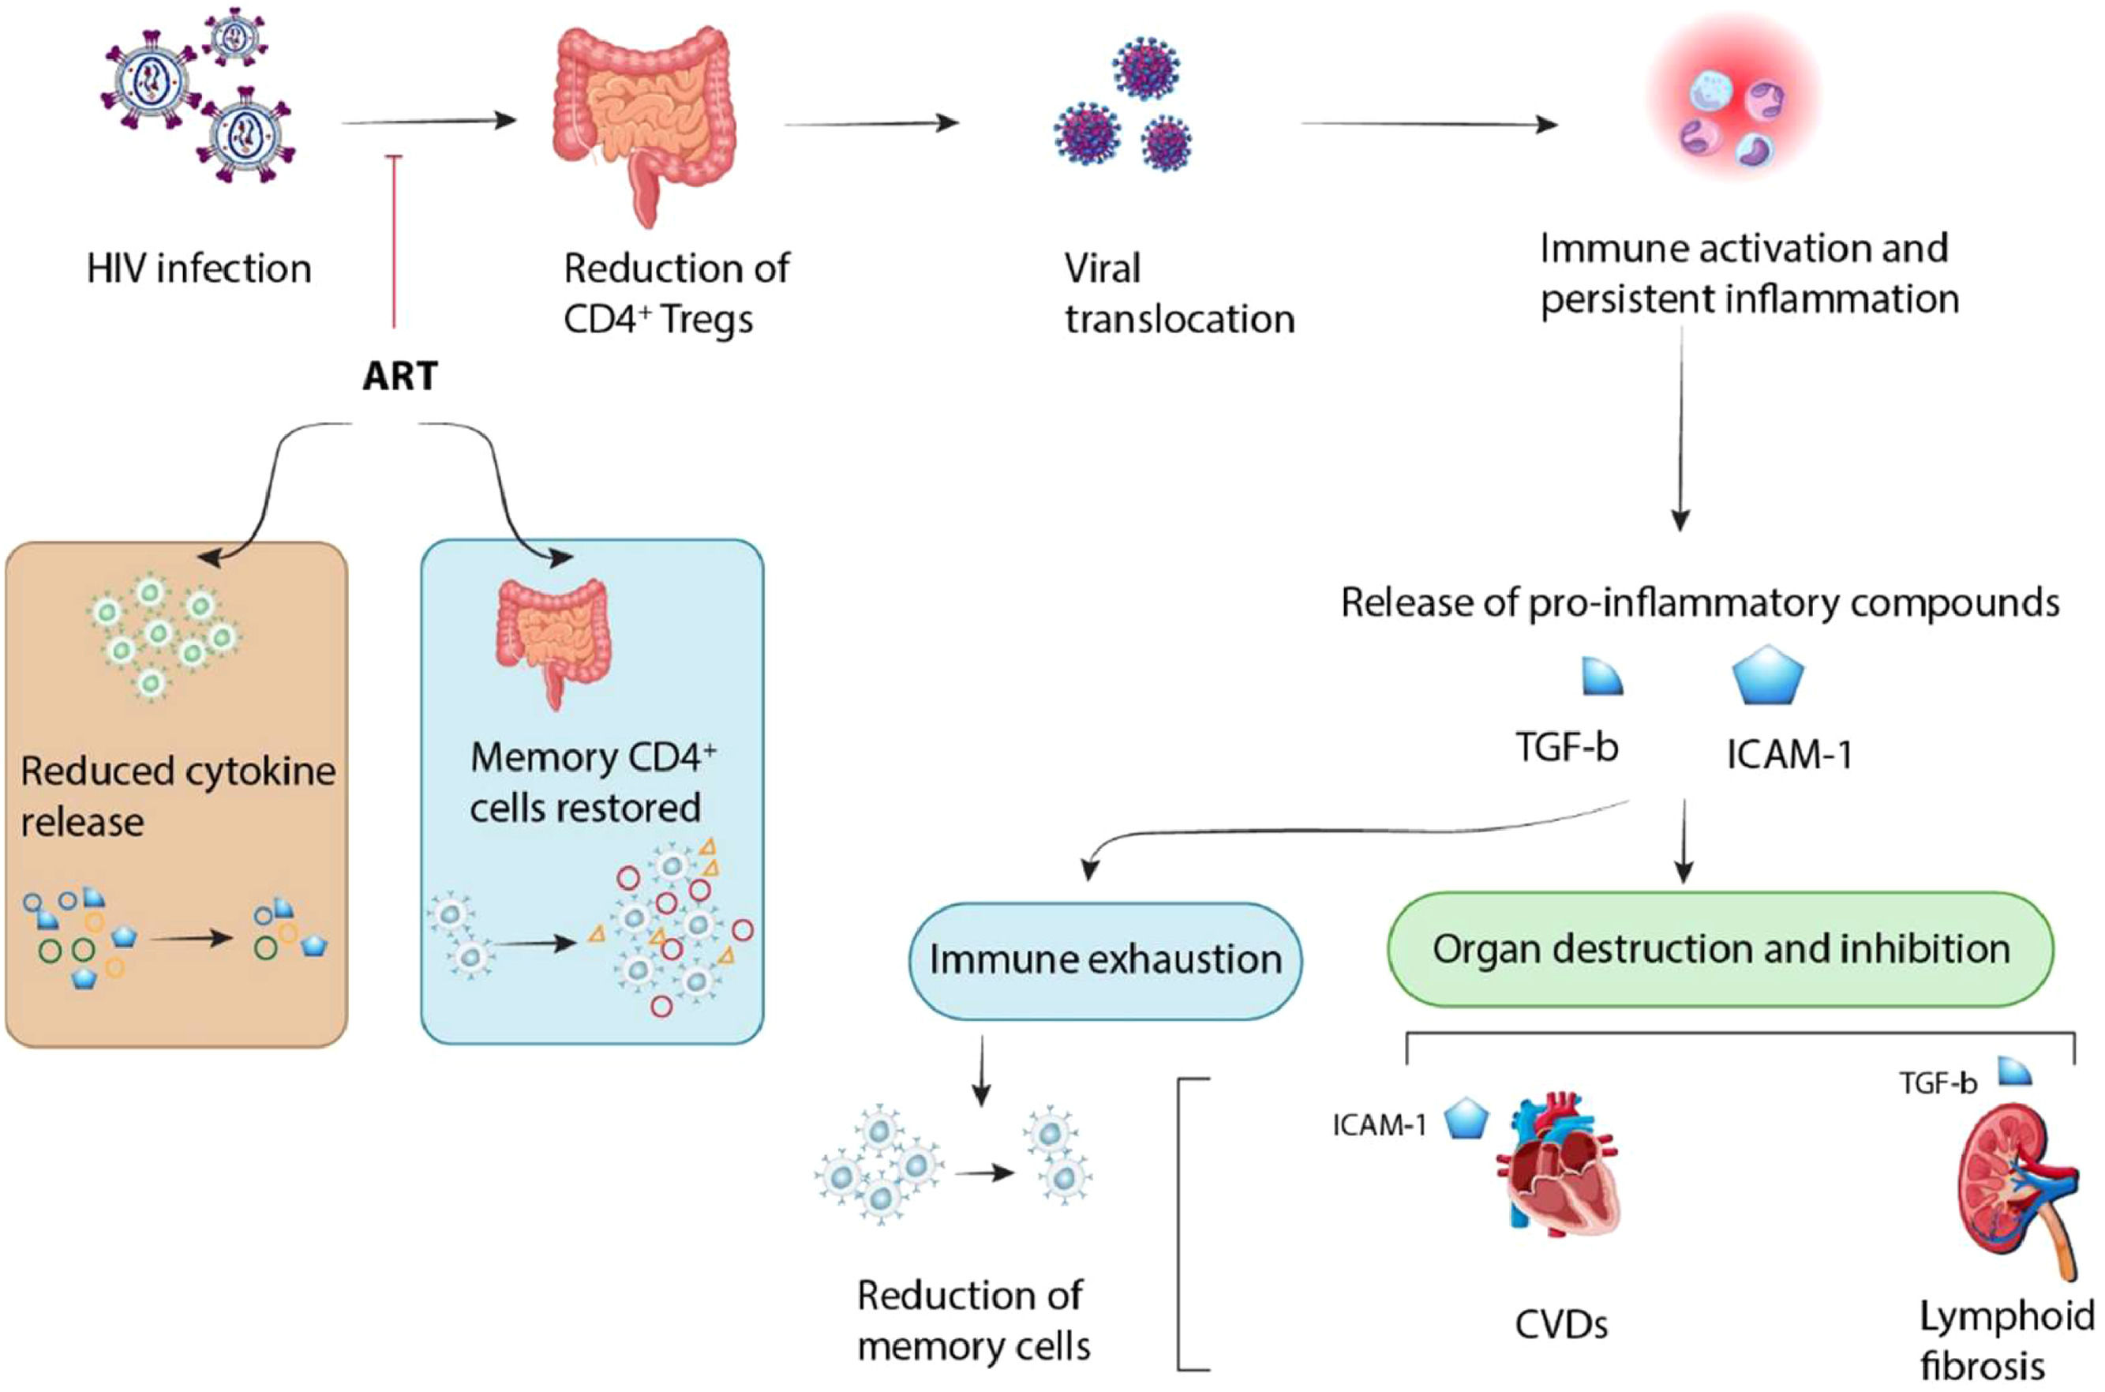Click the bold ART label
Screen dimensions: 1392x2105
399,377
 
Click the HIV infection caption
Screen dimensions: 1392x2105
199,268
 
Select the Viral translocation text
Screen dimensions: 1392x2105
1178,293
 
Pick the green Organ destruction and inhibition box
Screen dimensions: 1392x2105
1720,949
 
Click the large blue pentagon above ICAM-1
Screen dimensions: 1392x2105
1768,677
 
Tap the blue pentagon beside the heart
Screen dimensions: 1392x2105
1466,1120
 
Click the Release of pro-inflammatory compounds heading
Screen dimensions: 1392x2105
1699,602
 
